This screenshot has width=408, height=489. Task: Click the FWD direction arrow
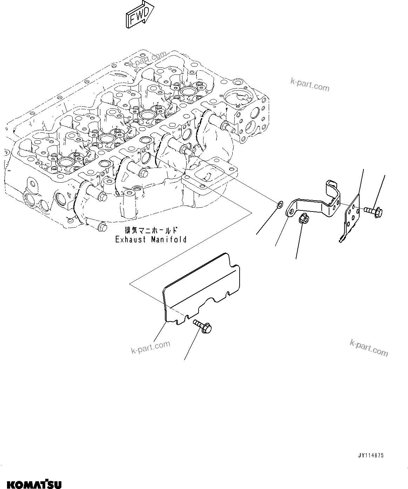tap(140, 14)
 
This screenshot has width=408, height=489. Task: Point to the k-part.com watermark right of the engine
tap(310, 84)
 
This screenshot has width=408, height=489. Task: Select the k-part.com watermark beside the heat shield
tap(151, 347)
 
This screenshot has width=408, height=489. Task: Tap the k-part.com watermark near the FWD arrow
tap(147, 59)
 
